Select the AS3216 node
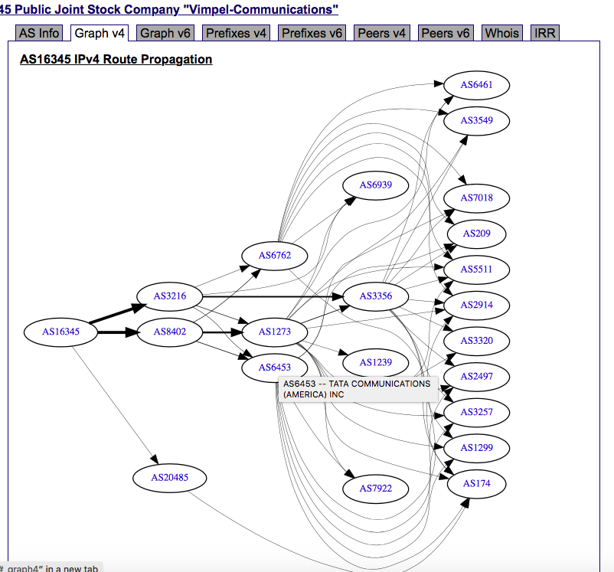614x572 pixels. coord(169,296)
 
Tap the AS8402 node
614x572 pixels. coord(169,332)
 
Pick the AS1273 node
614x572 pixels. coord(275,332)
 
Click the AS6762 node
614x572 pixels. coord(275,255)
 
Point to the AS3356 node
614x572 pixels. coord(375,296)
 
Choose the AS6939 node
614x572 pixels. coord(375,185)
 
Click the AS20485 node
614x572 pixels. coord(169,478)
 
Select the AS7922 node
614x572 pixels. coord(375,488)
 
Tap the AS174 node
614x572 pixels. coord(477,483)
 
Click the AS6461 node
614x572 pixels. coord(477,84)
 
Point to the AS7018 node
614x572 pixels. coord(477,198)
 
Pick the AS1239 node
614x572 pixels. coord(375,362)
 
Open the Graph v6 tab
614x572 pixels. coord(165,33)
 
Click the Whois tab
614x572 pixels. coord(502,33)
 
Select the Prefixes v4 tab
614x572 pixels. coord(237,33)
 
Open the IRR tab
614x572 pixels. coord(545,33)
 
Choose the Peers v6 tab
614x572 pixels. coord(446,33)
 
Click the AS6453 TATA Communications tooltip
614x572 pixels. coord(357,389)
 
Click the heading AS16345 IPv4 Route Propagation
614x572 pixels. coord(116,59)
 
